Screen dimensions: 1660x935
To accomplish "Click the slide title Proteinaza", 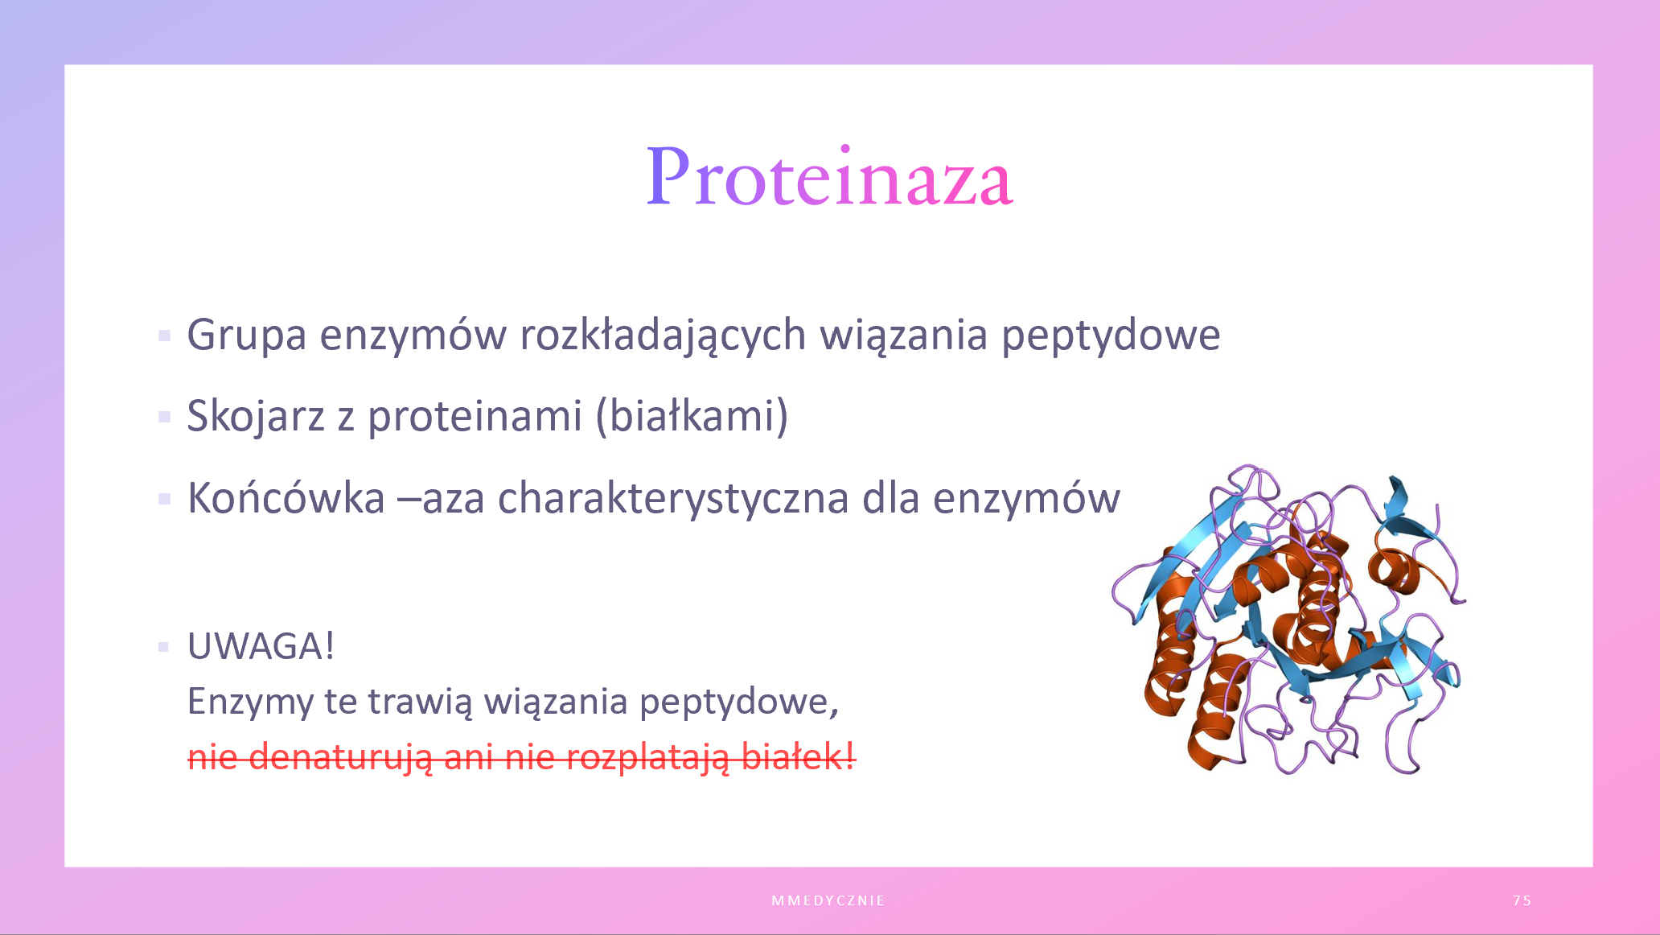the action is [x=829, y=177].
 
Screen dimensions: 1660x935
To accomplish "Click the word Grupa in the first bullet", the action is [x=247, y=336].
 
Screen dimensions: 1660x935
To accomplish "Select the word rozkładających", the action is [x=663, y=336].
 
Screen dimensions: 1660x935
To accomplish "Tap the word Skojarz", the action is [x=256, y=417].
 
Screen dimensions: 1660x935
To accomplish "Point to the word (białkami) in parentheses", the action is [x=692, y=417].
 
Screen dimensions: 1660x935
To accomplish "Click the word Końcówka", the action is [x=286, y=498].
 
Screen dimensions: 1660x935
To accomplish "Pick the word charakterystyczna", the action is [x=673, y=499].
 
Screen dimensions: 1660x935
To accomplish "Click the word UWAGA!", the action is [x=261, y=646].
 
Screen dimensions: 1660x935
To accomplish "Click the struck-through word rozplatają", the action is [x=647, y=758].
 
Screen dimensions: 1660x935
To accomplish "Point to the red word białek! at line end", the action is [x=798, y=757].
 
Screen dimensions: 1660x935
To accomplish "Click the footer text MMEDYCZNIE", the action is [x=828, y=900].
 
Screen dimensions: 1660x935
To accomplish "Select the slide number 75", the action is [x=1522, y=900].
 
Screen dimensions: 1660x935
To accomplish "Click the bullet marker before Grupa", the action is [x=165, y=336].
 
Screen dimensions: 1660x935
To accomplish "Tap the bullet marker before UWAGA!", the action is [x=164, y=647].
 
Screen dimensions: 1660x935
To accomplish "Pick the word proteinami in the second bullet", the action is [x=475, y=417].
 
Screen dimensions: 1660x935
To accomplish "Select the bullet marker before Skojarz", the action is [x=165, y=417].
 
